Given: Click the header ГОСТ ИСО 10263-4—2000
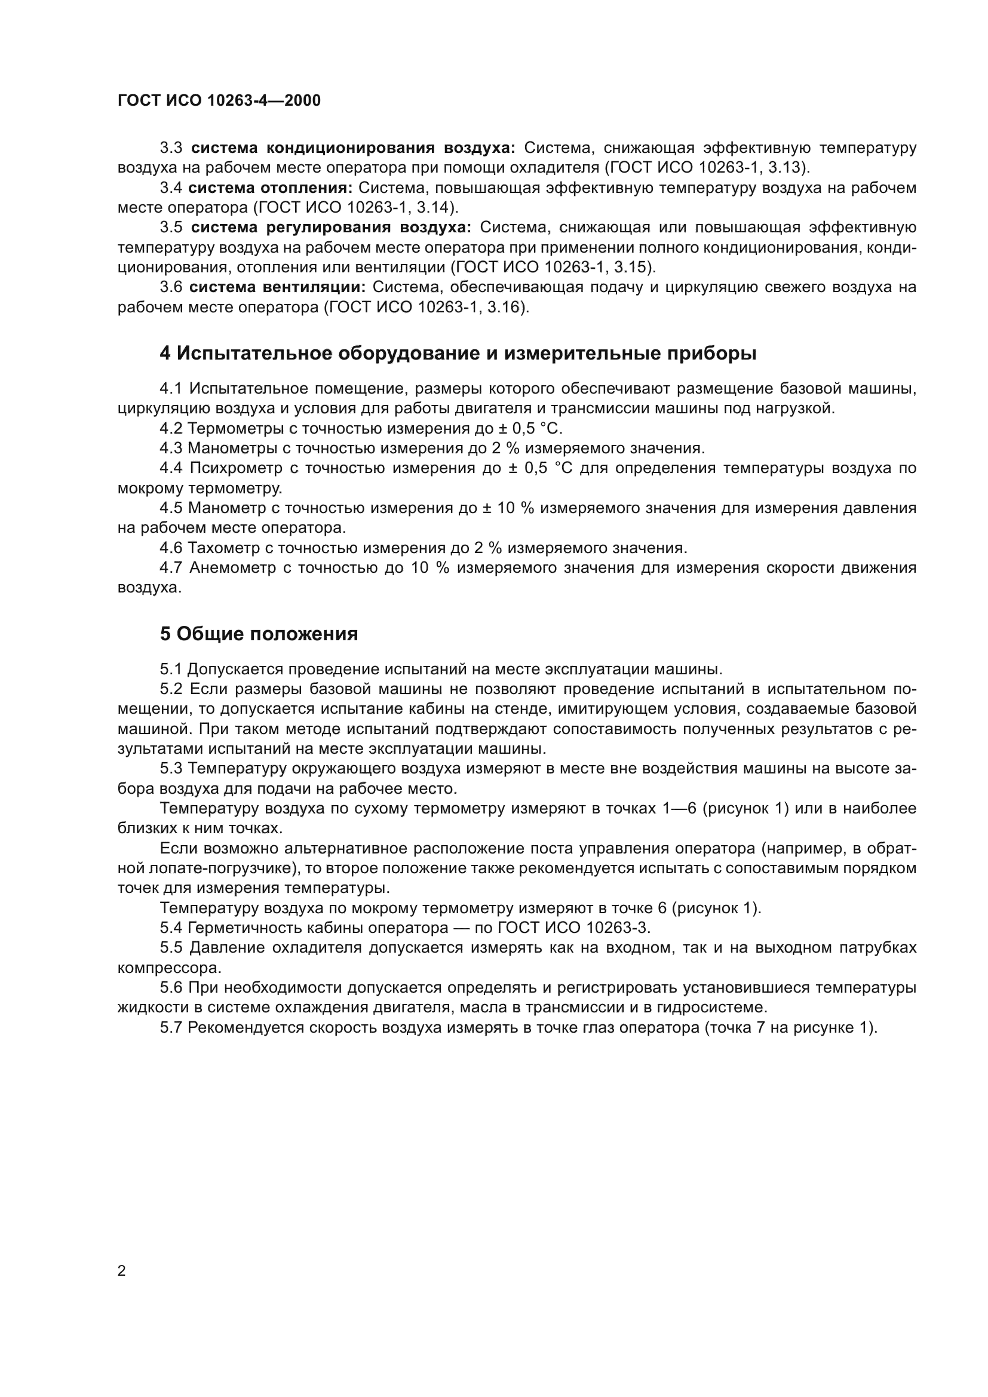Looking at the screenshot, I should tap(219, 100).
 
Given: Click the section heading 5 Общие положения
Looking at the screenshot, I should tap(259, 634).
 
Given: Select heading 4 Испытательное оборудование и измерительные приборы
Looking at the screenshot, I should tap(458, 354).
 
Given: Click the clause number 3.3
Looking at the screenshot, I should tap(171, 148).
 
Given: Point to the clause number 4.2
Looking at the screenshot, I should tap(171, 429).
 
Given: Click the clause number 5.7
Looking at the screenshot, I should tap(171, 1028).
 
